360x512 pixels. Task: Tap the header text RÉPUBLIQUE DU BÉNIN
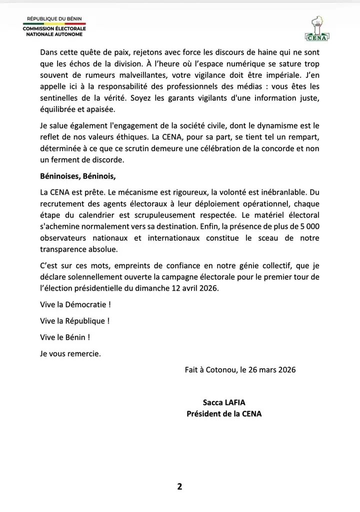pos(54,19)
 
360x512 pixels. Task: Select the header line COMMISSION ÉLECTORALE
pos(54,29)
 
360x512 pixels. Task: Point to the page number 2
pos(179,486)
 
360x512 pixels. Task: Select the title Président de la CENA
pos(224,414)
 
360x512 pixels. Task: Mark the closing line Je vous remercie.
pos(70,353)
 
